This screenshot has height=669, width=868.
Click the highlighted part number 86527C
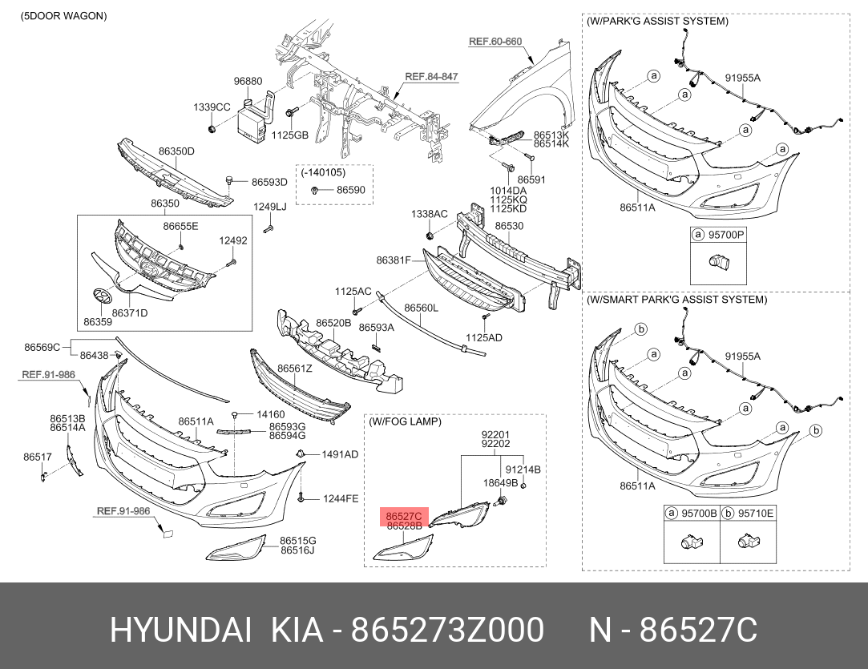pyautogui.click(x=404, y=516)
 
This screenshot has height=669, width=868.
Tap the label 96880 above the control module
pyautogui.click(x=248, y=82)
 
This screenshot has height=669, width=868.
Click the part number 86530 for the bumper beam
pyautogui.click(x=509, y=226)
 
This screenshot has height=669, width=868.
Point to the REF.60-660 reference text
pyautogui.click(x=495, y=42)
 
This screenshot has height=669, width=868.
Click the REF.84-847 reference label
pyautogui.click(x=432, y=76)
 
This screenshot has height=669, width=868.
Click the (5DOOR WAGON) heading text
pyautogui.click(x=63, y=16)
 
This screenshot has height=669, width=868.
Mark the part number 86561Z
pyautogui.click(x=295, y=369)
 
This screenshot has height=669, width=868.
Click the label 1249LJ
pyautogui.click(x=270, y=207)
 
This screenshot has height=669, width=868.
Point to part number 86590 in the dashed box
pyautogui.click(x=351, y=190)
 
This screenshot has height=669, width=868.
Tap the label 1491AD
pyautogui.click(x=340, y=454)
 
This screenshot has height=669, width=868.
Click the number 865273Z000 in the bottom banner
pyautogui.click(x=448, y=631)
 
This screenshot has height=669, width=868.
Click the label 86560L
pyautogui.click(x=421, y=308)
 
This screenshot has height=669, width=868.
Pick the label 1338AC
pyautogui.click(x=430, y=214)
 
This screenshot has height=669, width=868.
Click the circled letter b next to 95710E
pyautogui.click(x=728, y=514)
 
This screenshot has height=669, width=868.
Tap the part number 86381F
pyautogui.click(x=394, y=260)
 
